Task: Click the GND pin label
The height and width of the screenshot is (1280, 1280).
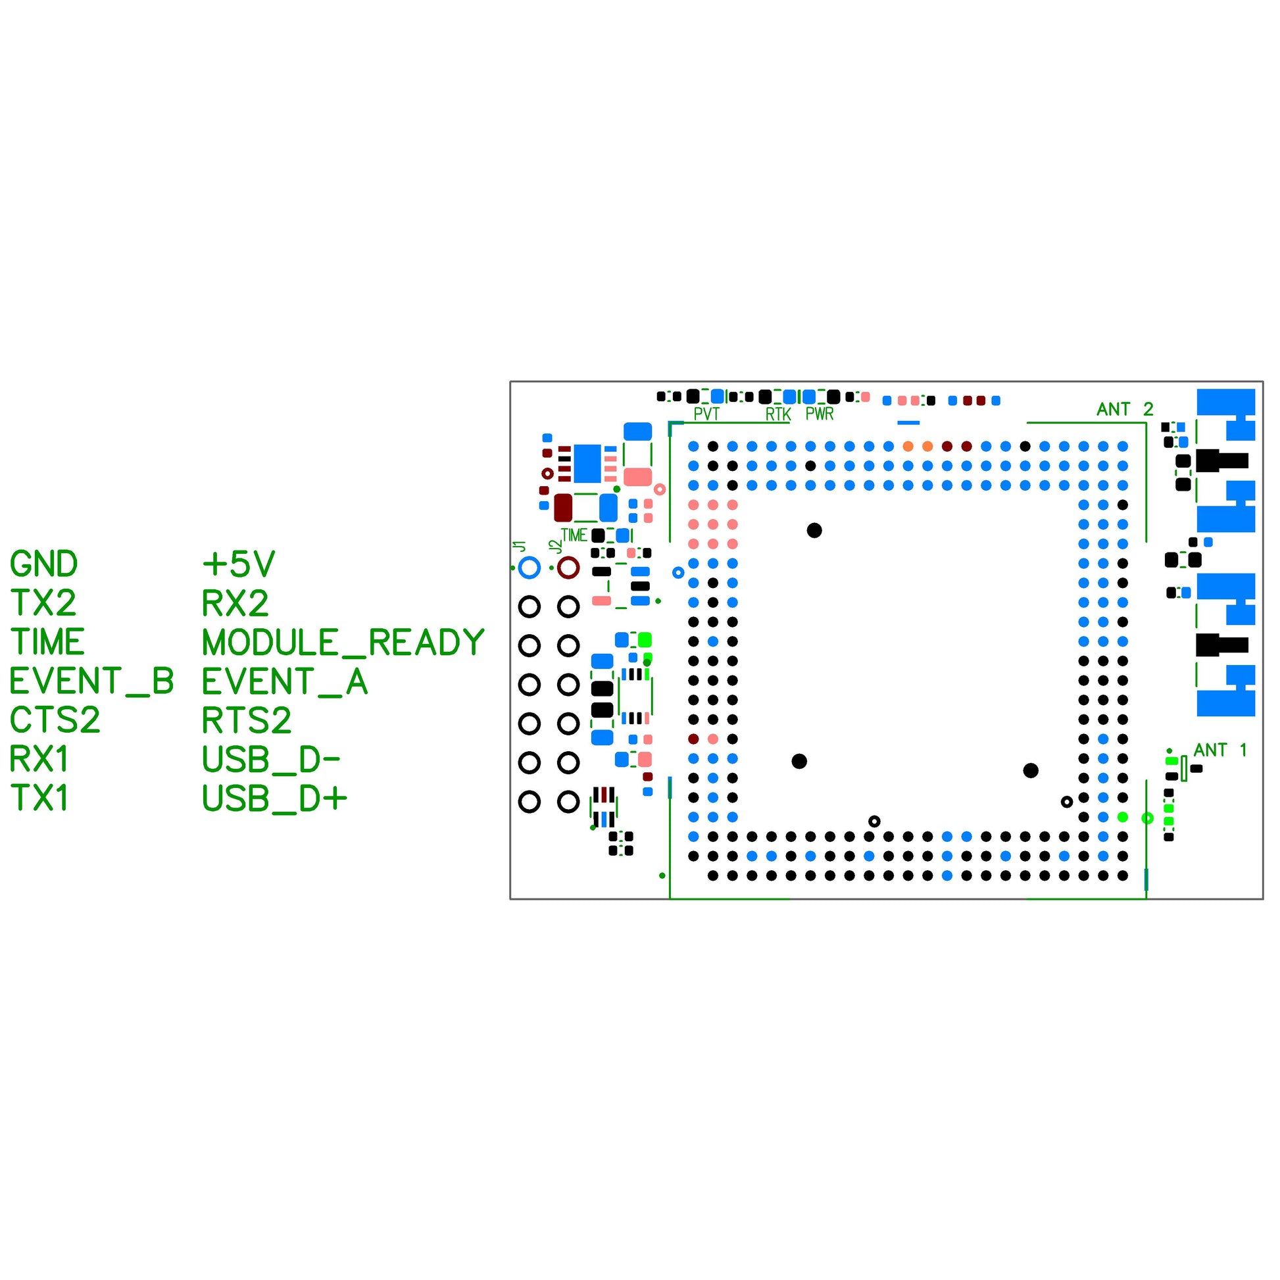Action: pos(43,564)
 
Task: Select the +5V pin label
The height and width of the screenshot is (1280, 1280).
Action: pos(239,564)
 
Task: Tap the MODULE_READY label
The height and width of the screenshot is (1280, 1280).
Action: pos(343,643)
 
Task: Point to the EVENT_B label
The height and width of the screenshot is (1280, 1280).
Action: pos(91,681)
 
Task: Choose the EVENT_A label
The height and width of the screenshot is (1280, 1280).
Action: pos(284,681)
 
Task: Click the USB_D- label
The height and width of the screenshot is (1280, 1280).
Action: pos(270,760)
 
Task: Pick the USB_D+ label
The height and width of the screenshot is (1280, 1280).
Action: pos(274,799)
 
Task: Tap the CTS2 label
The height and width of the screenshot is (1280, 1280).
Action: pos(55,720)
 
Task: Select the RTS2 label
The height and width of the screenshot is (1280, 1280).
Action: pos(247,720)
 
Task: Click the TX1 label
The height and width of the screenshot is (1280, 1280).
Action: pos(39,799)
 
